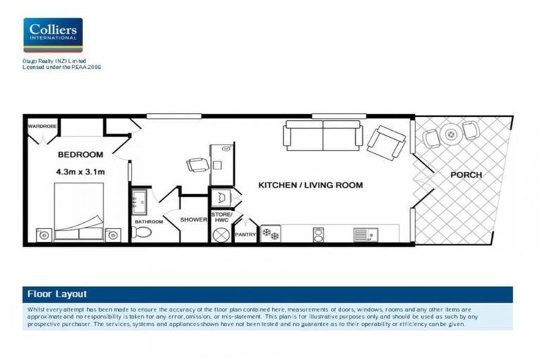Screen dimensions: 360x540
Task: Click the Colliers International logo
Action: tap(53, 35)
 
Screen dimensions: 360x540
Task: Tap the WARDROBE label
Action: tap(41, 127)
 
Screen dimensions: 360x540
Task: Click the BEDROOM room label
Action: tap(80, 155)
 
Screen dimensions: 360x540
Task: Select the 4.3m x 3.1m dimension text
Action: tap(80, 171)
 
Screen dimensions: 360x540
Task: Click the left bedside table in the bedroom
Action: tap(44, 235)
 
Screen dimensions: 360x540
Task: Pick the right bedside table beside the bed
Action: tap(112, 235)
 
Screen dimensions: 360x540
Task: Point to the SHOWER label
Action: tap(193, 219)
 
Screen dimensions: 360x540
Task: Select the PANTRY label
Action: tap(245, 235)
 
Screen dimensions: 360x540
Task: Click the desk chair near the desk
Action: tap(198, 165)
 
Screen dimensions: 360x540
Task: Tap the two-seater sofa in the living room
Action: tap(323, 135)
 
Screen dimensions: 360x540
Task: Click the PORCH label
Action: tap(465, 174)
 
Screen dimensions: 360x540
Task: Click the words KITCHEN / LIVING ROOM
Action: tap(310, 186)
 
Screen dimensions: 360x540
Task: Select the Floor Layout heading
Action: tap(57, 294)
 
